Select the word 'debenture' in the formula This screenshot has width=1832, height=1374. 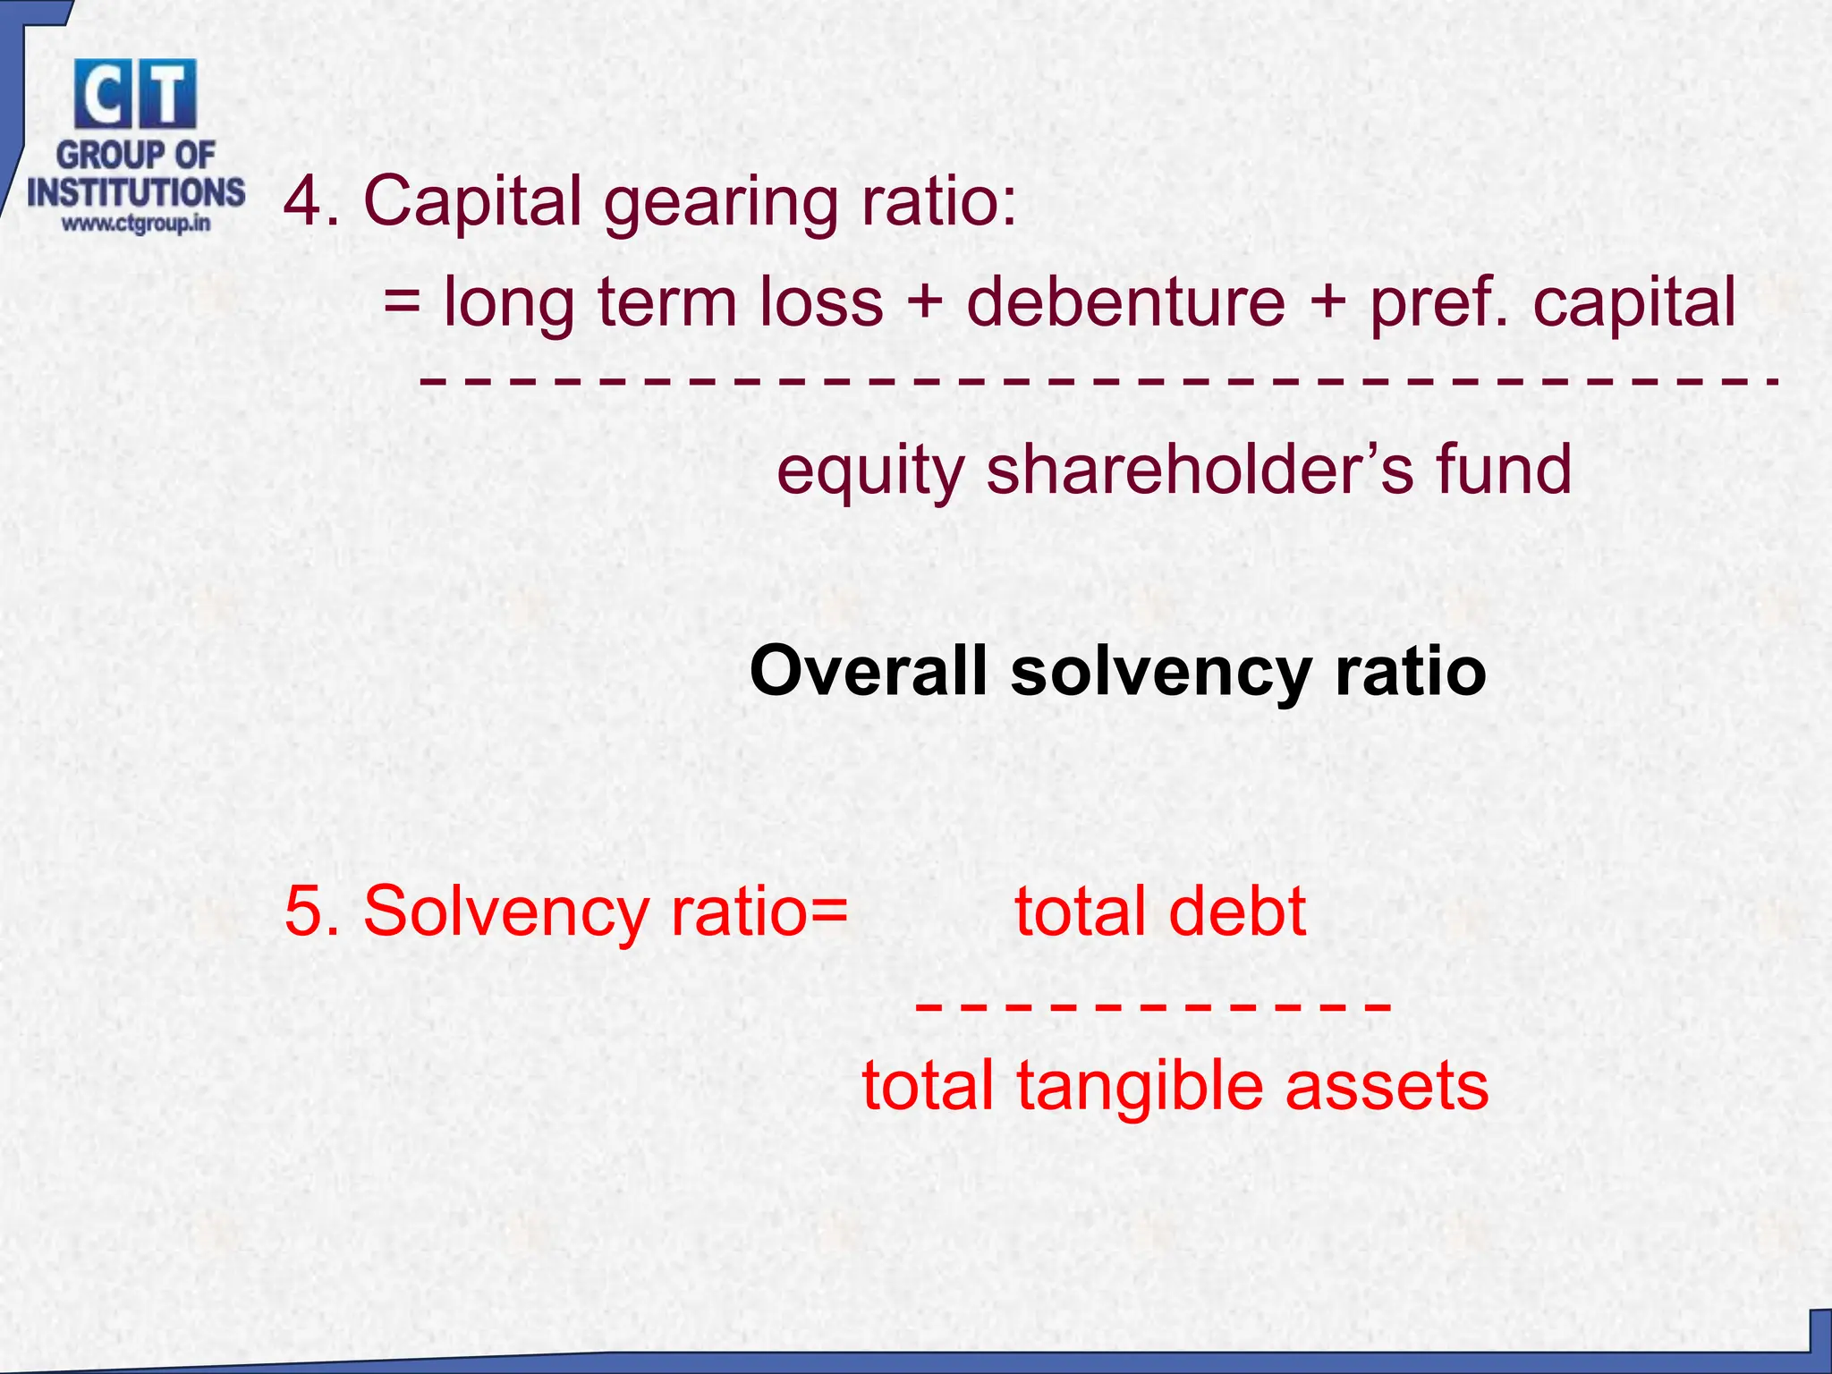1126,301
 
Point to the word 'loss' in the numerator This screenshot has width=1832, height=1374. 821,301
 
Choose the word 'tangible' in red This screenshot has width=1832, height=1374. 1141,1086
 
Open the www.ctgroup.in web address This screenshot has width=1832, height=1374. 136,223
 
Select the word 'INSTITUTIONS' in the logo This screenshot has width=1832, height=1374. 136,191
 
